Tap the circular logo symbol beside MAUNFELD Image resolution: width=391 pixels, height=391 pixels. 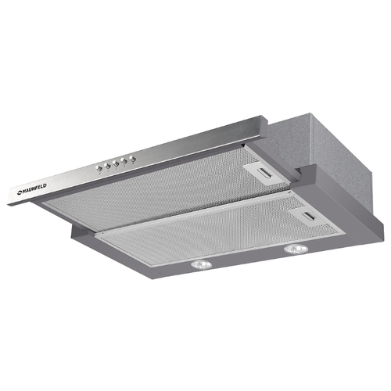[x=20, y=193]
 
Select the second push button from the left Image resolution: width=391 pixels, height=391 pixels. [x=106, y=166]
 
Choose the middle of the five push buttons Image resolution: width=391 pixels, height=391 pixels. [x=116, y=163]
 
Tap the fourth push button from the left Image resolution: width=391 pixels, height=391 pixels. [x=124, y=160]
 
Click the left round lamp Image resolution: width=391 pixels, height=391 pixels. [x=201, y=265]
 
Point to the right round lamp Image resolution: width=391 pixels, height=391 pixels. [x=296, y=249]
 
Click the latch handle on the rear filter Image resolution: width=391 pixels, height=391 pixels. [x=264, y=171]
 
